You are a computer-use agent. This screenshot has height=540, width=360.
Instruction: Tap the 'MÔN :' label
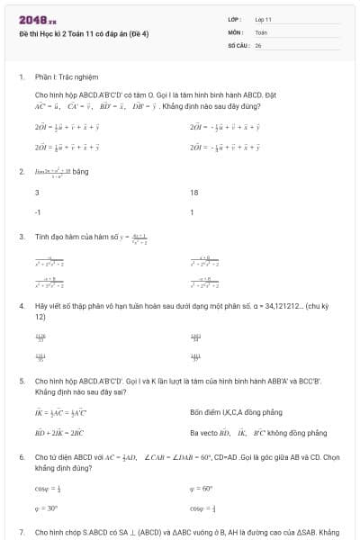click(x=237, y=31)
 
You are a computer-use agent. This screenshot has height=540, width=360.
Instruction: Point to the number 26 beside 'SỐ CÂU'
click(x=258, y=44)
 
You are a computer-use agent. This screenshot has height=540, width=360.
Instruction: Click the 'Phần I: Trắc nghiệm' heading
click(x=67, y=76)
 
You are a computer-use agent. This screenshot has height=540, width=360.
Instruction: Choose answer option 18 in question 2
click(x=194, y=193)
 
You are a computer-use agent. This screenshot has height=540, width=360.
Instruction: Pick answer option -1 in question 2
click(x=38, y=213)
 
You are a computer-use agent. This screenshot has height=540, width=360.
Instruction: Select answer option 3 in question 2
click(x=37, y=193)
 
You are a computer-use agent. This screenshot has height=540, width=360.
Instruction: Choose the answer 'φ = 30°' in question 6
click(x=47, y=509)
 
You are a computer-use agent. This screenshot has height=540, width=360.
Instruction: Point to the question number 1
click(x=21, y=76)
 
